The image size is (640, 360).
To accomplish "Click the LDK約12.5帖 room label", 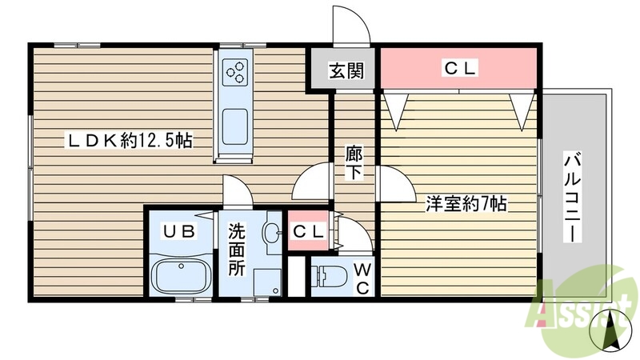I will point(128,141).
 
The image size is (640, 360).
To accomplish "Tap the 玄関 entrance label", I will point(346,70).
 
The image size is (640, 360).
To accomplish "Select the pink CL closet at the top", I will point(459,69).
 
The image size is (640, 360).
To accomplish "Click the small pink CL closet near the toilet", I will point(308,232).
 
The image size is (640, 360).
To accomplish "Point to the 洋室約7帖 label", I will point(466,204).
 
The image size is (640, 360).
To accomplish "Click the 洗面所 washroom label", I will point(238,250).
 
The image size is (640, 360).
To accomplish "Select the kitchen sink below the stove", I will point(235,126).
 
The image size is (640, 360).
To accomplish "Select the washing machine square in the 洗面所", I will point(266,282).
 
